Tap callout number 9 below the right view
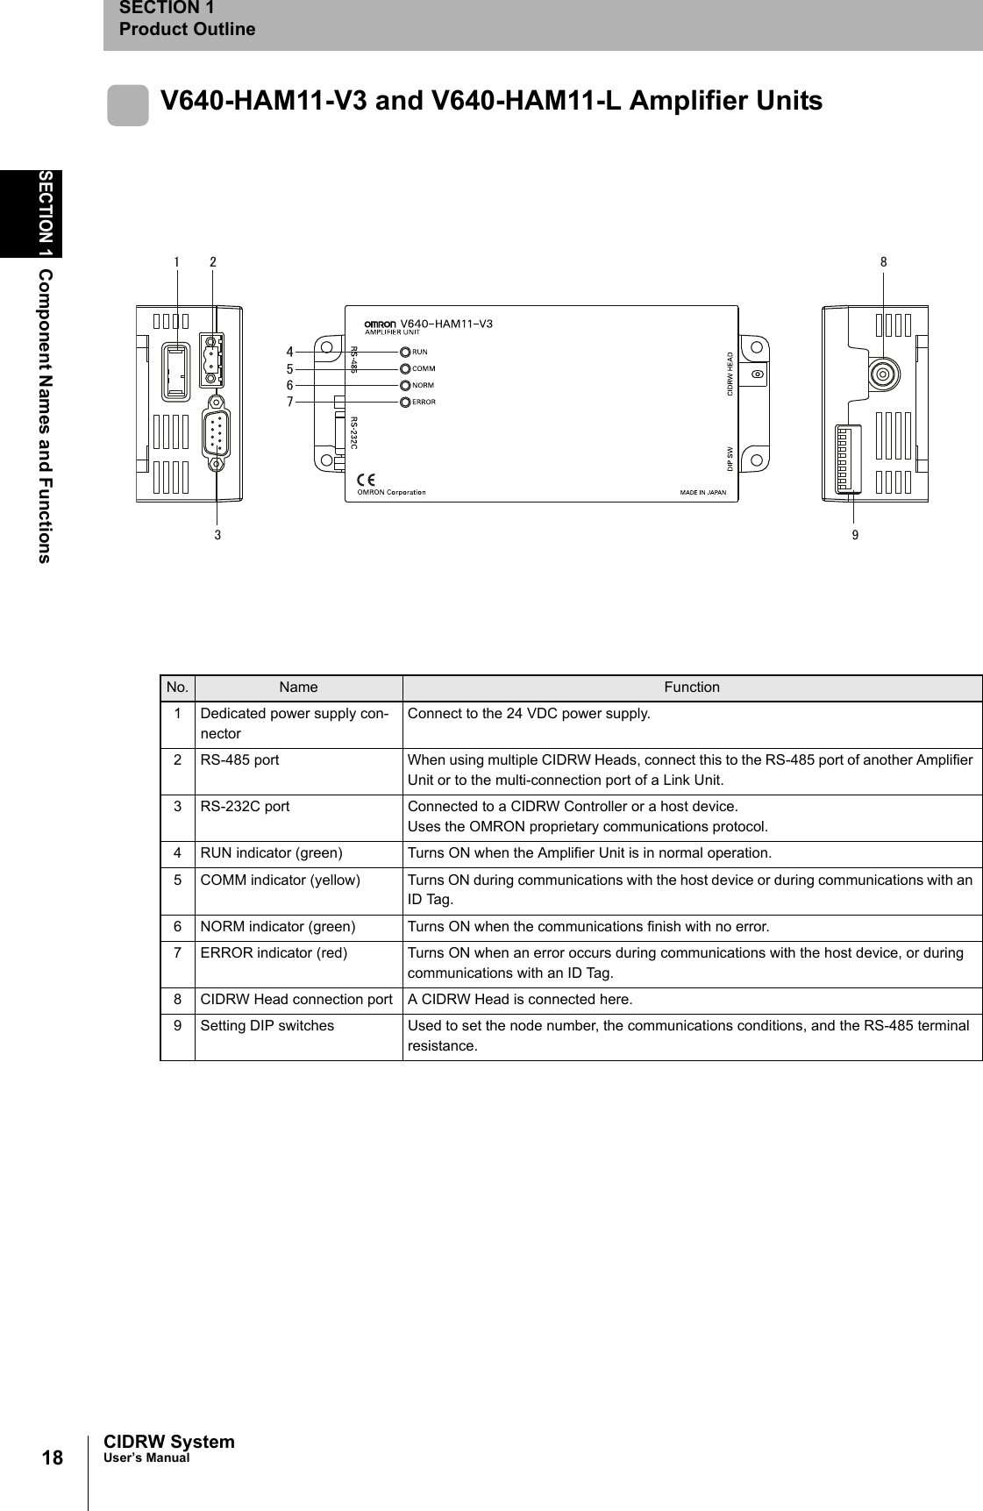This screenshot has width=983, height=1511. pyautogui.click(x=855, y=533)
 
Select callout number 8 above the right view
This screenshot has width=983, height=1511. pyautogui.click(x=884, y=261)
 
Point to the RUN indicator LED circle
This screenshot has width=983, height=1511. pyautogui.click(x=405, y=352)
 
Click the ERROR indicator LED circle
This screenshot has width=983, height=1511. pyautogui.click(x=405, y=402)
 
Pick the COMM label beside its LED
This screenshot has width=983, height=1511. pyautogui.click(x=424, y=369)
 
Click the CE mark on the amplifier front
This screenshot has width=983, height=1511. pyautogui.click(x=367, y=480)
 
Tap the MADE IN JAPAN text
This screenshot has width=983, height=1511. pyautogui.click(x=703, y=492)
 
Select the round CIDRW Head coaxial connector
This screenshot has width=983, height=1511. pyautogui.click(x=883, y=375)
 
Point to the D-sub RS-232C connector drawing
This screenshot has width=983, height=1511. pyautogui.click(x=216, y=433)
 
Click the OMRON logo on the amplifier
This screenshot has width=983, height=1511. pyautogui.click(x=381, y=324)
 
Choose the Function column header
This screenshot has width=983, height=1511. pyautogui.click(x=692, y=688)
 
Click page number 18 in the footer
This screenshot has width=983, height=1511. pyautogui.click(x=53, y=1458)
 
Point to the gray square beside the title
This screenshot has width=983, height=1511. pyautogui.click(x=128, y=106)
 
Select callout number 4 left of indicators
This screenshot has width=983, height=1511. pyautogui.click(x=289, y=353)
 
